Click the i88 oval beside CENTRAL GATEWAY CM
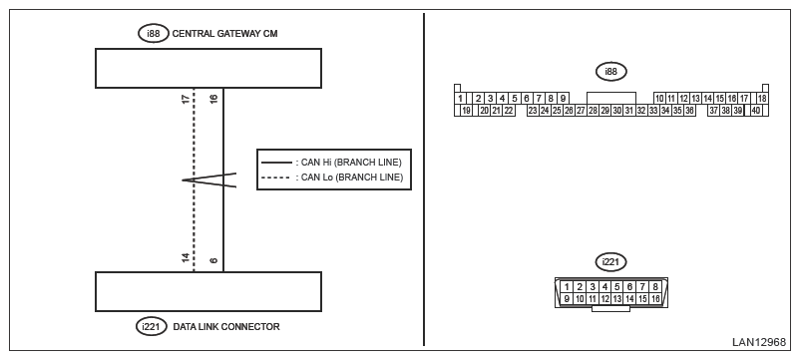[153, 34]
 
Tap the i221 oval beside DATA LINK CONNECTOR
[152, 326]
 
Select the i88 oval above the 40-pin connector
[610, 72]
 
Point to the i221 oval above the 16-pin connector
[610, 262]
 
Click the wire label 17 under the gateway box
[187, 99]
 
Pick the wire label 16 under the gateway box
[214, 99]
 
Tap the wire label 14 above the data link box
[187, 258]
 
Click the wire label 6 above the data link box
[214, 260]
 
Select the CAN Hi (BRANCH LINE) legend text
[348, 163]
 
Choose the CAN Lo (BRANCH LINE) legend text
[349, 178]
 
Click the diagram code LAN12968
[759, 342]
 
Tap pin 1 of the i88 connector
[460, 99]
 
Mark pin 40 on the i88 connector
[756, 111]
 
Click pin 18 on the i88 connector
[762, 99]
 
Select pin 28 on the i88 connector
[593, 111]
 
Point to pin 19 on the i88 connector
[466, 111]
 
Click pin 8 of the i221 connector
[655, 287]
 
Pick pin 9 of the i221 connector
[567, 299]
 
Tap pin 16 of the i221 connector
[655, 299]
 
